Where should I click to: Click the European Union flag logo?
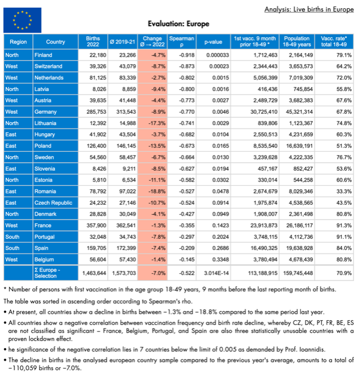[23, 20]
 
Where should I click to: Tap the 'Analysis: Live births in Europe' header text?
[309, 10]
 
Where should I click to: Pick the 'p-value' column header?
[213, 42]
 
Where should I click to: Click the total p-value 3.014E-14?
[213, 272]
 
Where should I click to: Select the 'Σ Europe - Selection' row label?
[58, 272]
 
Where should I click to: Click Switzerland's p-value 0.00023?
[213, 65]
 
